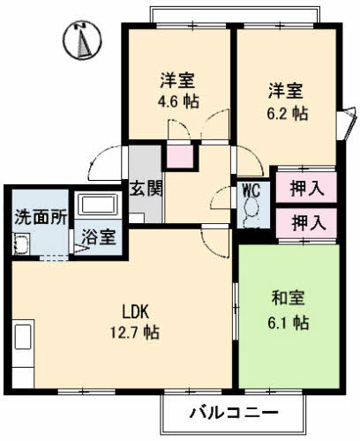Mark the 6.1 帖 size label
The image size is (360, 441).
click(289, 323)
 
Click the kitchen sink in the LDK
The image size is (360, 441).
click(22, 340)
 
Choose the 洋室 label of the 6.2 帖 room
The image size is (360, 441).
click(288, 90)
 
